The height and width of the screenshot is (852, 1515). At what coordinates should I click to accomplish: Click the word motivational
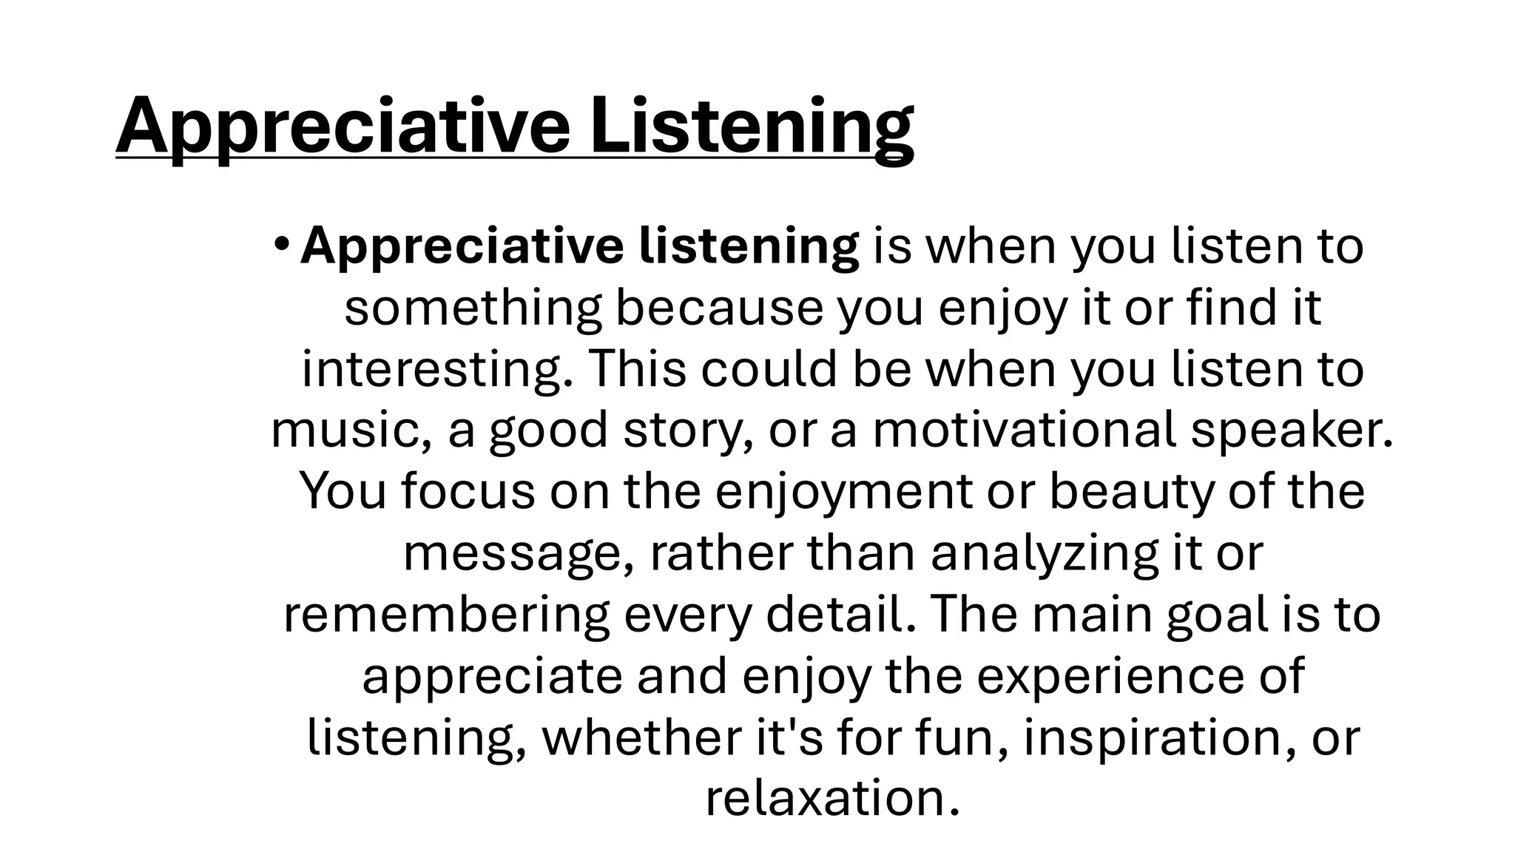click(x=1024, y=430)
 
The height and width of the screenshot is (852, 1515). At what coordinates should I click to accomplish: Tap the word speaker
click(x=1291, y=430)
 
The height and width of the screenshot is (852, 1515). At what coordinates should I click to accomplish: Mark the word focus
click(x=468, y=491)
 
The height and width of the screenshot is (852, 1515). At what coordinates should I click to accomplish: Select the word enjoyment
click(x=843, y=491)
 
